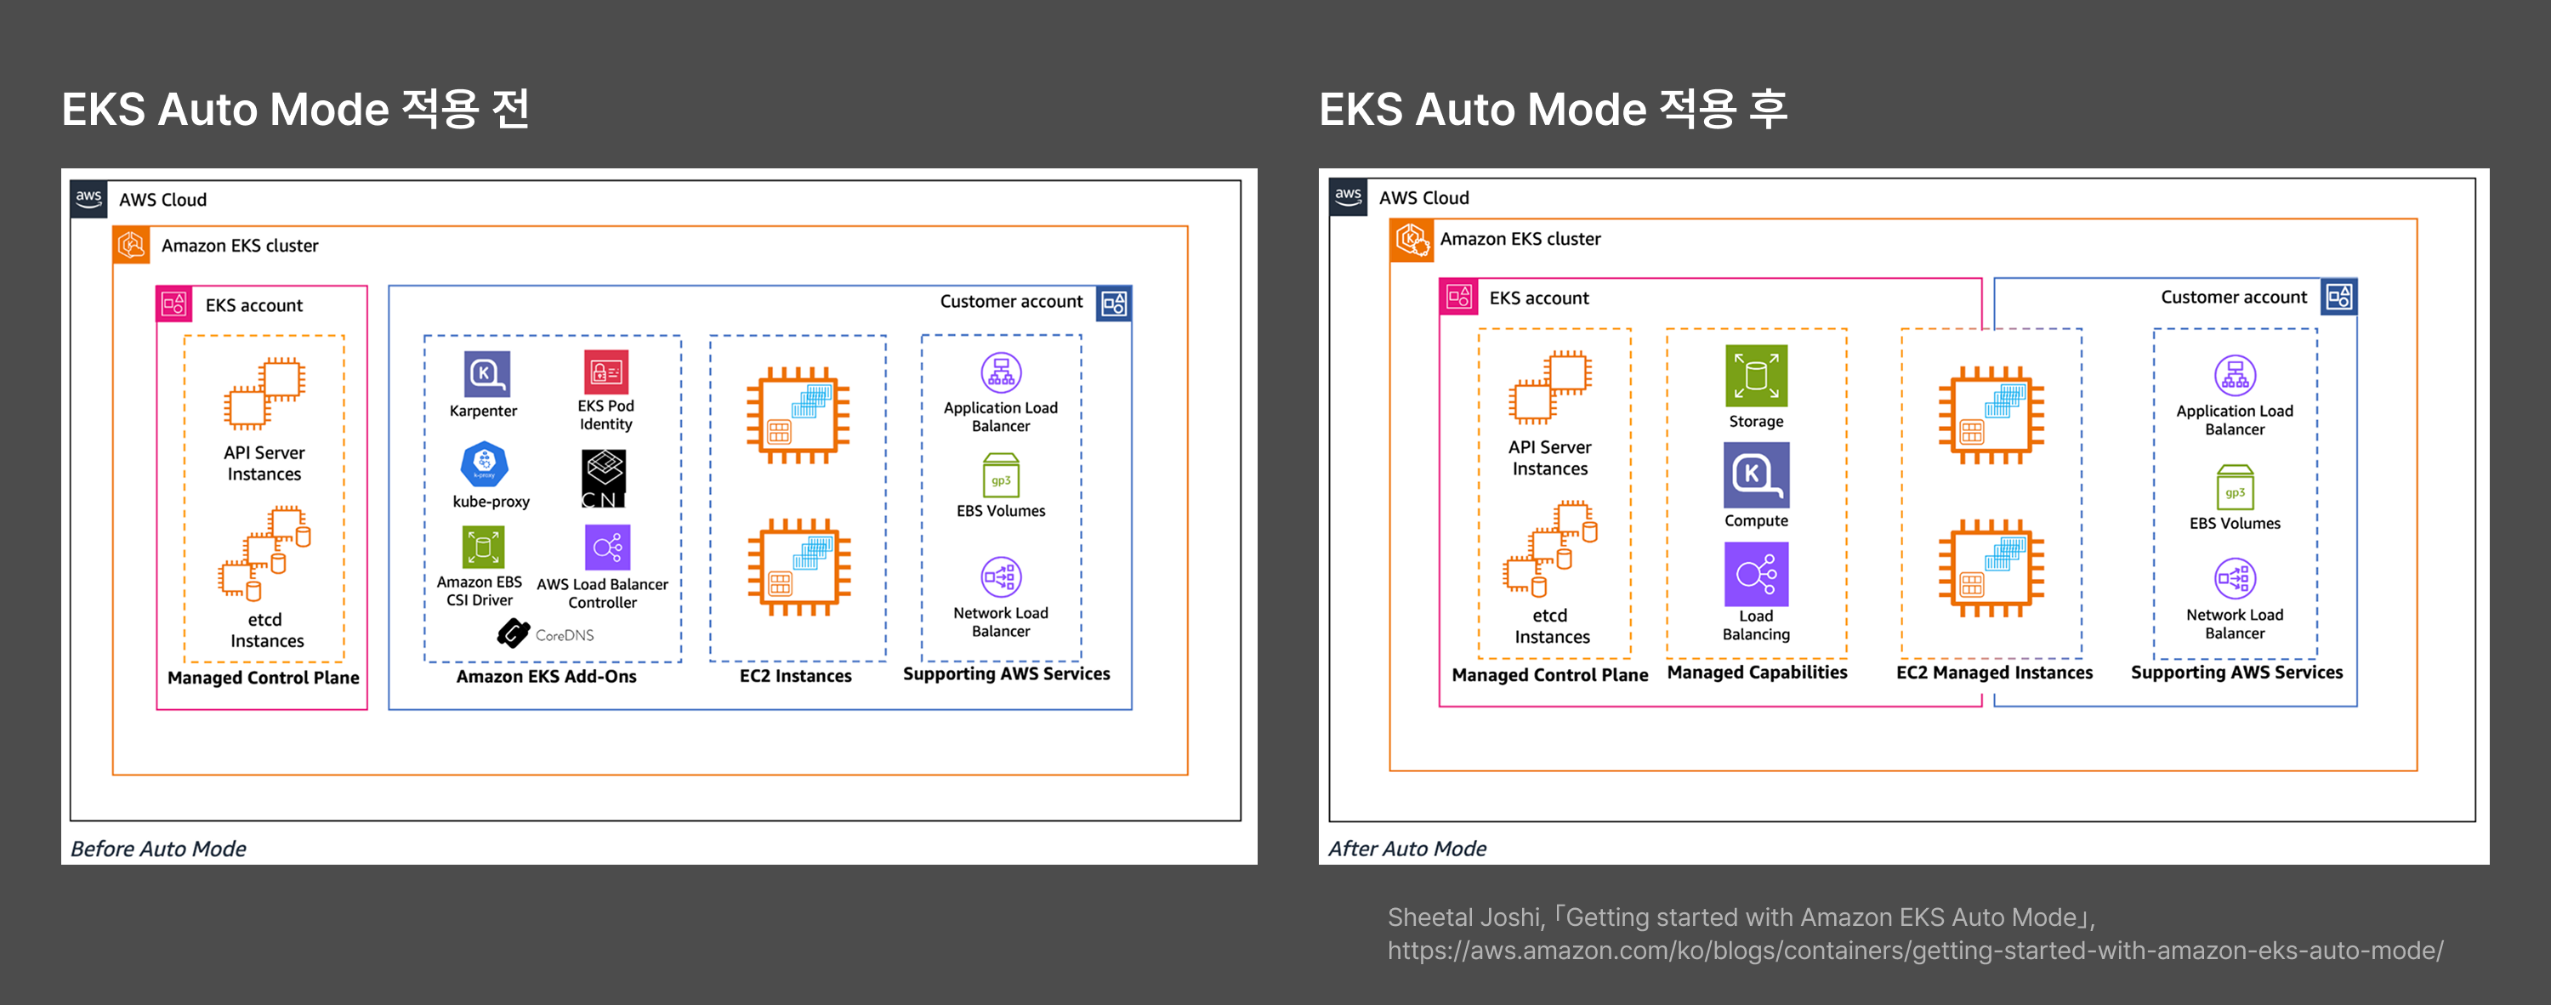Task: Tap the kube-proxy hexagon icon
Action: click(x=484, y=463)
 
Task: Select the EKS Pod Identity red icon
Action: click(x=605, y=372)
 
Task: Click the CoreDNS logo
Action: click(x=514, y=633)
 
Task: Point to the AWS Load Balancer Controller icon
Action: click(x=607, y=547)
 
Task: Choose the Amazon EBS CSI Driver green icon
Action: click(x=482, y=547)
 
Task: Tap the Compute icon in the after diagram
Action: click(x=1756, y=474)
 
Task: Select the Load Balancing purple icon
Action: click(x=1756, y=573)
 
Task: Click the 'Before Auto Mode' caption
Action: click(x=158, y=849)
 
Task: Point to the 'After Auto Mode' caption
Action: click(x=1406, y=849)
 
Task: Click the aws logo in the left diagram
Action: click(x=89, y=198)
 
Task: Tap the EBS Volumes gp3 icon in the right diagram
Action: click(x=2234, y=488)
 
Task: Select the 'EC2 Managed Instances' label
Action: click(x=1993, y=673)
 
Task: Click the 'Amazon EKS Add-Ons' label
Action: click(x=546, y=676)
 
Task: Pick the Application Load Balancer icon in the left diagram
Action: click(x=1000, y=373)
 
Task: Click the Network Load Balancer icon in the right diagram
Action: click(x=2234, y=578)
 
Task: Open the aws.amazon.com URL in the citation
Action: click(x=1914, y=951)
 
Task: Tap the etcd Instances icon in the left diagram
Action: click(x=264, y=554)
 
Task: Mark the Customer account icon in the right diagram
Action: click(x=2339, y=296)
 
